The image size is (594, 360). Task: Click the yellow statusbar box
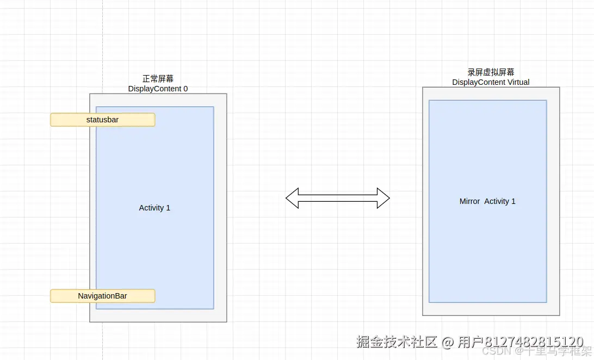point(103,120)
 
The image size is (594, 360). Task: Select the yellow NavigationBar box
point(103,296)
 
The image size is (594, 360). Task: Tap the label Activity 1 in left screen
point(154,208)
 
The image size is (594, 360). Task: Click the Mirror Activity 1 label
point(487,201)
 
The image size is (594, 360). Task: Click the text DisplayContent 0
point(158,89)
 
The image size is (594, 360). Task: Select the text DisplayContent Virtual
point(491,82)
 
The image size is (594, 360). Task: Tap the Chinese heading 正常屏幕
point(158,79)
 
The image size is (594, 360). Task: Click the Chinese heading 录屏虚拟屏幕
point(491,72)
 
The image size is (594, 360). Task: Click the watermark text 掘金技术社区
point(397,342)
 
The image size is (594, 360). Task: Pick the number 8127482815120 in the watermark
point(534,342)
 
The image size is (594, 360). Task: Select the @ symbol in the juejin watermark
point(448,343)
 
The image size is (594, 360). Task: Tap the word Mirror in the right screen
point(469,201)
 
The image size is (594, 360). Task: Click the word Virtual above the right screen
point(516,82)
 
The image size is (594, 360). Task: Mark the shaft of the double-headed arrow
point(338,198)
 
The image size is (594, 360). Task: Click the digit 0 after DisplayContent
point(185,89)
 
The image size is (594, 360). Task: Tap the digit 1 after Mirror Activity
point(513,201)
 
